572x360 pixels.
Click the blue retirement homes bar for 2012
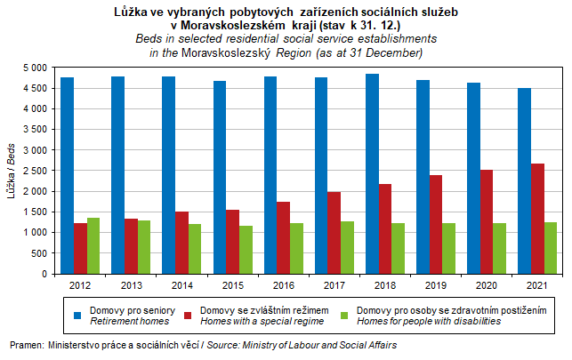point(68,175)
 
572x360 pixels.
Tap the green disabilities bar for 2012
point(93,245)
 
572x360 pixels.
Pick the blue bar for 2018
point(372,173)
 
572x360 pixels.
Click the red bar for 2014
point(181,242)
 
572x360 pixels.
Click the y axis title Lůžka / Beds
point(12,170)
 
